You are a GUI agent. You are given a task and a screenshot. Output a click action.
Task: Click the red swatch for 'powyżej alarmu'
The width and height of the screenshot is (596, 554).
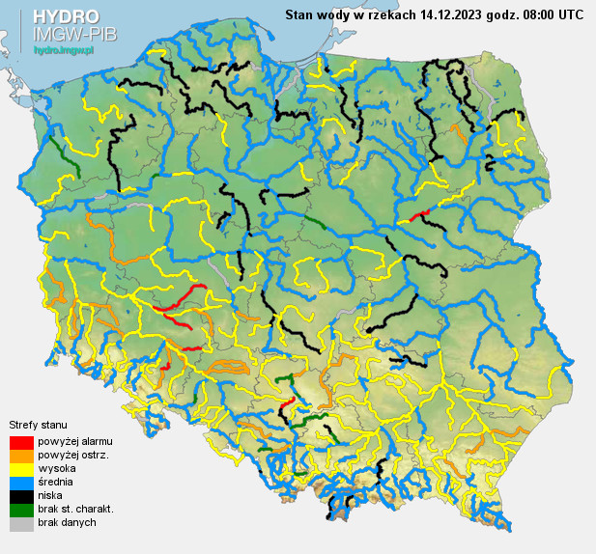[21, 441]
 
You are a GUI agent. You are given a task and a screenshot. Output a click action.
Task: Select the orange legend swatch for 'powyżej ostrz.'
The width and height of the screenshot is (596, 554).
[21, 455]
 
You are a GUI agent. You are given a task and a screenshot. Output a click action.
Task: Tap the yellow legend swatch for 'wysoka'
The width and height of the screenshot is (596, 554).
[21, 468]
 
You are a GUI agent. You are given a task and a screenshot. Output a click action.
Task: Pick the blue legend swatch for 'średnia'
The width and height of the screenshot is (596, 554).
[21, 482]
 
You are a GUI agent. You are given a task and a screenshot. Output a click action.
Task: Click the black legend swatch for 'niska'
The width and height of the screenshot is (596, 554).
[21, 495]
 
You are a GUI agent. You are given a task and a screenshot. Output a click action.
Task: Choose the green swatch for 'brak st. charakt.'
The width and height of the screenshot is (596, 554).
[21, 509]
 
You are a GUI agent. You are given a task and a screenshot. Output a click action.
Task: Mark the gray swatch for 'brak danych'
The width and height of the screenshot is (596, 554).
[21, 522]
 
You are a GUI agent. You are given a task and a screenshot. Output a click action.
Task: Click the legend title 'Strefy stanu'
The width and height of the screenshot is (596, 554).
[36, 425]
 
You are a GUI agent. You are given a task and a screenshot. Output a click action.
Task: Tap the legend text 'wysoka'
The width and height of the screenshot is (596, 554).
[54, 468]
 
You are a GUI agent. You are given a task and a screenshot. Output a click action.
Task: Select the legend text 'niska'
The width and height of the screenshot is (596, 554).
[50, 495]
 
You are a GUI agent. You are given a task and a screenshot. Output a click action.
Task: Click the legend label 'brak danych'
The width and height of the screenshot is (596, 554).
[67, 522]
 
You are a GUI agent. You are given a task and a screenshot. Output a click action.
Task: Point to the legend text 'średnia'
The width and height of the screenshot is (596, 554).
[55, 482]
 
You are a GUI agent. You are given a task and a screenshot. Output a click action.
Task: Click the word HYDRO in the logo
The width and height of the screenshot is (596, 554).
[66, 16]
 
